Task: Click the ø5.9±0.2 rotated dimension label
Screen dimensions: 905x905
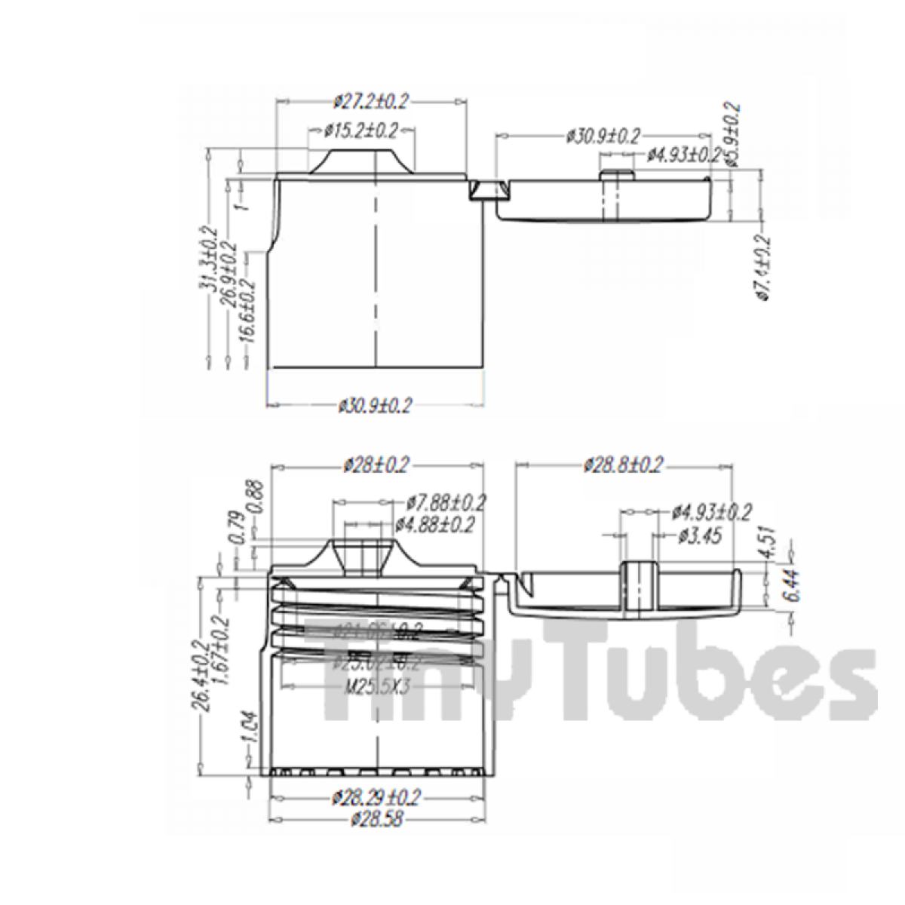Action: coord(731,134)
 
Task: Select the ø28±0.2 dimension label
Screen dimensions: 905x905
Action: coord(375,465)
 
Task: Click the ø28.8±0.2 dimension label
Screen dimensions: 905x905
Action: coord(623,465)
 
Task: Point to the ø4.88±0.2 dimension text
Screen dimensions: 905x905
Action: coord(435,524)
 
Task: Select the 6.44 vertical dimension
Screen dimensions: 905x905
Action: coord(772,584)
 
